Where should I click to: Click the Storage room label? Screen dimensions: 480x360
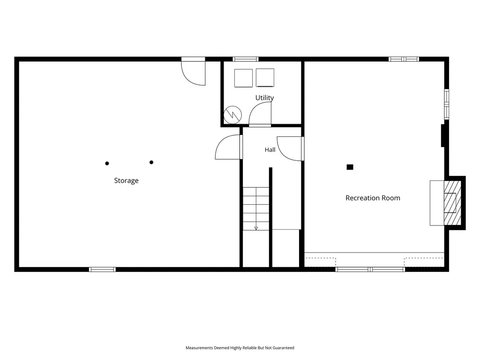click(x=126, y=180)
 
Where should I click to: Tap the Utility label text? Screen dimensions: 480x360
click(x=264, y=97)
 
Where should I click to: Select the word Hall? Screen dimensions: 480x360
click(x=270, y=150)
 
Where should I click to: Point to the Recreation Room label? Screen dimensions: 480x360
click(x=373, y=198)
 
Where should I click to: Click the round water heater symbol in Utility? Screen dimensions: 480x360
click(x=232, y=115)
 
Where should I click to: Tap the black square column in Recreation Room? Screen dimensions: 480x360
click(x=350, y=167)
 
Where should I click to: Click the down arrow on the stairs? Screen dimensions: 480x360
click(x=256, y=228)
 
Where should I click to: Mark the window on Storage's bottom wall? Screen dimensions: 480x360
click(x=102, y=270)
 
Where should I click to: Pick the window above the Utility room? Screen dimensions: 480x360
click(x=246, y=59)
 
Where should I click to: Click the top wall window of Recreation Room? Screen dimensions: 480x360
click(x=404, y=59)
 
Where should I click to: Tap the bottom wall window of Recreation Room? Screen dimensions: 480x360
click(x=370, y=270)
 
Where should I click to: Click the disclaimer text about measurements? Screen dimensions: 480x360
click(x=240, y=348)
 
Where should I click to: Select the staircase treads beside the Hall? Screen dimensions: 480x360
click(x=256, y=209)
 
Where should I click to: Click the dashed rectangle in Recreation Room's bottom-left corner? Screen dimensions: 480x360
click(x=320, y=262)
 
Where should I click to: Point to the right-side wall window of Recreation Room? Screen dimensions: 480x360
click(x=447, y=104)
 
